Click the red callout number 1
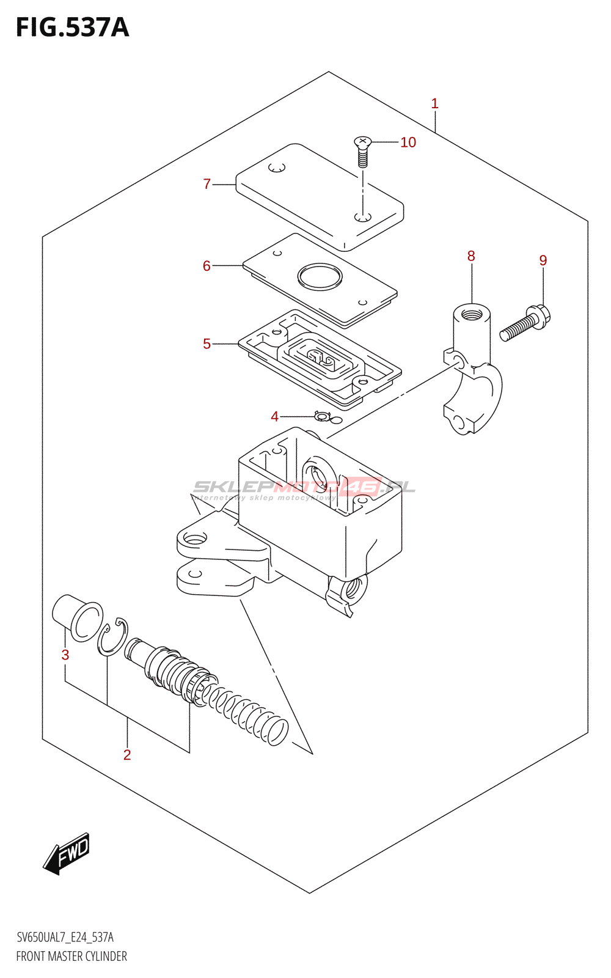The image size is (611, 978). pos(434,103)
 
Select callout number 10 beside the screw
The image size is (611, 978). pos(408,142)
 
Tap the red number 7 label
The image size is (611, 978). pos(207,184)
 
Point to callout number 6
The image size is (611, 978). pos(207,266)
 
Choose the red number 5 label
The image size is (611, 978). pos(207,344)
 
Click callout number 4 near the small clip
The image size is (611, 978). pos(274,417)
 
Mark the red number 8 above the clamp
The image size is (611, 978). pos(471,256)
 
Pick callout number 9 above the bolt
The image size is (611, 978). pos(543,260)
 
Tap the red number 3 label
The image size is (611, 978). pos(65,655)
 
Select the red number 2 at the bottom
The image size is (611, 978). pos(127,755)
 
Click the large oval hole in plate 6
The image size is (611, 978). pos(320,276)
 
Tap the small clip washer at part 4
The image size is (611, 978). pos(323,416)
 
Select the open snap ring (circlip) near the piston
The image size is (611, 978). pos(112,637)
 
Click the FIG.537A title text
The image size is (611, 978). pos(73,28)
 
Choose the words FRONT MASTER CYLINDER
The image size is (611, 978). pos(71,956)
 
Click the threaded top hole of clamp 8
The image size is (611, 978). pos(471,313)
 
